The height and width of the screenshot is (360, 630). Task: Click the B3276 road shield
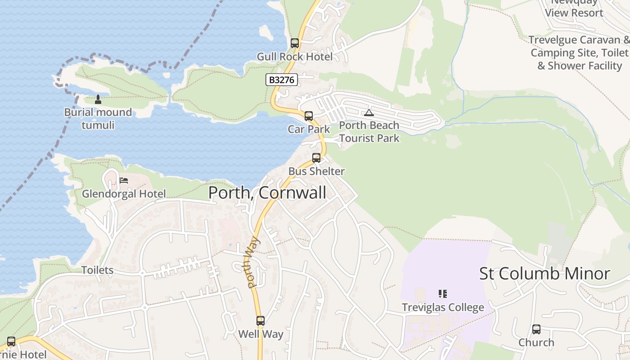tap(281, 80)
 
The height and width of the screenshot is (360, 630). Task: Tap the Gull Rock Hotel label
tap(295, 57)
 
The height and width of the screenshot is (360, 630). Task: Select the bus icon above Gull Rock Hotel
tap(295, 43)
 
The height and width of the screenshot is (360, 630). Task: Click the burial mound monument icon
tap(98, 99)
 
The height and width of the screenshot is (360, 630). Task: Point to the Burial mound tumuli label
tap(98, 118)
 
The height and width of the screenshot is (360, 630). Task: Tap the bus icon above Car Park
tap(308, 116)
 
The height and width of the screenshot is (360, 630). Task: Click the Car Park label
tap(309, 129)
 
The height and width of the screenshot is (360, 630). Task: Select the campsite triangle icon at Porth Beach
tap(369, 112)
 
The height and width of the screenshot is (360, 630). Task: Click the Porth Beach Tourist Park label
tap(369, 131)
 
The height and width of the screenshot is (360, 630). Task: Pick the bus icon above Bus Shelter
tap(316, 158)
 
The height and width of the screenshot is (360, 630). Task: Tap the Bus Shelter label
tap(316, 171)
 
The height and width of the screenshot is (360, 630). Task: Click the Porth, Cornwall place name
tap(267, 193)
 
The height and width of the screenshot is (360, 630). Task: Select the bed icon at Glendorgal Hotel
tap(124, 180)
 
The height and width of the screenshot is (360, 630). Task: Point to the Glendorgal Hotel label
tap(124, 194)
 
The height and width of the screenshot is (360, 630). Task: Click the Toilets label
tap(97, 270)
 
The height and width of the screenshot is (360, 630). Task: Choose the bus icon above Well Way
tap(261, 321)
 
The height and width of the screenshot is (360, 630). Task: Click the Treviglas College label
tap(443, 307)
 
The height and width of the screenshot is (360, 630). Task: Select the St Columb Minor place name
tap(544, 274)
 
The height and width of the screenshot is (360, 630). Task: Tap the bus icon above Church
tap(536, 329)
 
